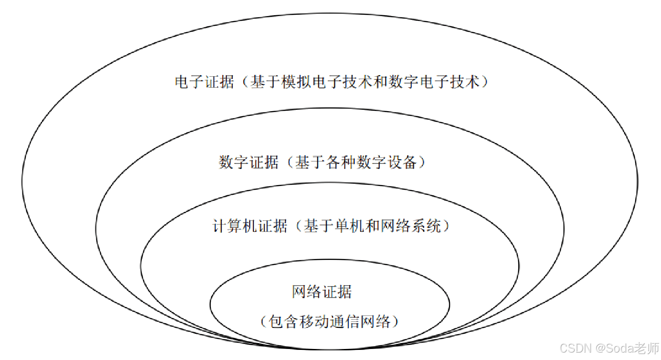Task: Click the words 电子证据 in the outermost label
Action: pyautogui.click(x=204, y=83)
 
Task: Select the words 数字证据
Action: pyautogui.click(x=249, y=163)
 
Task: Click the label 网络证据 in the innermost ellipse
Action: pyautogui.click(x=322, y=292)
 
